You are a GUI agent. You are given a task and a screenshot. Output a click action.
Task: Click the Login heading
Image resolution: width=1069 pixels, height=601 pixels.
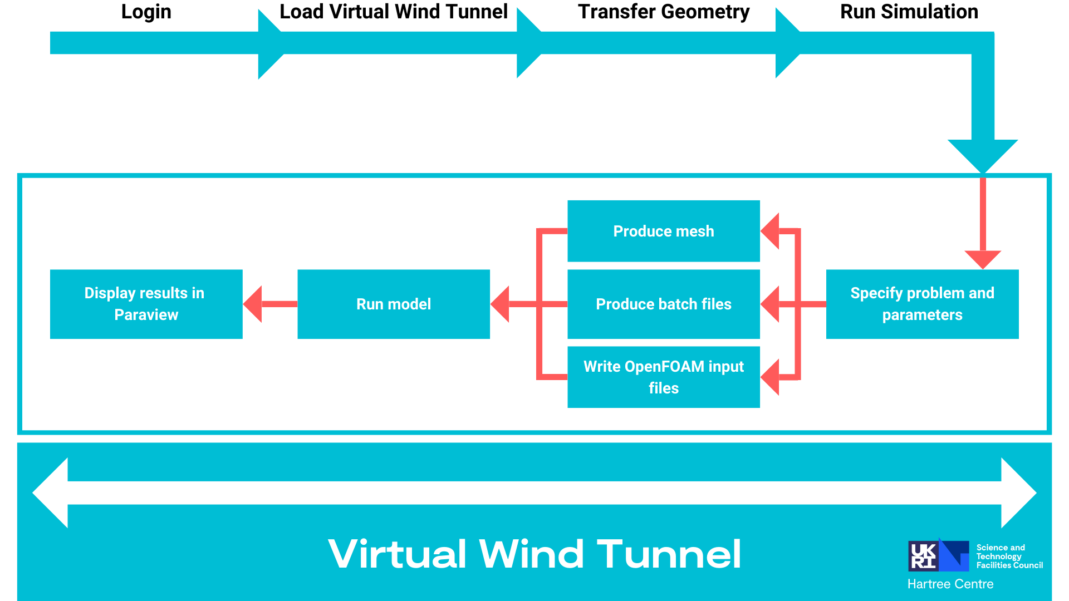click(146, 12)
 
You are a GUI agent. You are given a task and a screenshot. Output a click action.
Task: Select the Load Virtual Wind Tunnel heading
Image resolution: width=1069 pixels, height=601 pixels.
click(393, 12)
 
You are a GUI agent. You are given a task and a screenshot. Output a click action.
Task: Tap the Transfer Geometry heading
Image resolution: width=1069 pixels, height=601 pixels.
click(664, 12)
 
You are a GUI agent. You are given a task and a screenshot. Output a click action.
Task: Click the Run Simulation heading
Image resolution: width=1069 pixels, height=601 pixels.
click(909, 12)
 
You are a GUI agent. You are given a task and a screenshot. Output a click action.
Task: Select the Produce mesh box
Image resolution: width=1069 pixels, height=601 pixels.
click(663, 231)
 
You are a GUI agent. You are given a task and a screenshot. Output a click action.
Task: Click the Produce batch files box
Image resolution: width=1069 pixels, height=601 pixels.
click(663, 304)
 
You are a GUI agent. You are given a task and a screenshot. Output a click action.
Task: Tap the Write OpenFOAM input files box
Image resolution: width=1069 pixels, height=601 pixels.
click(663, 377)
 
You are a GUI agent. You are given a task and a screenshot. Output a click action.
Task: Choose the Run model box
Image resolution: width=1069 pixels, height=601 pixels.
click(393, 304)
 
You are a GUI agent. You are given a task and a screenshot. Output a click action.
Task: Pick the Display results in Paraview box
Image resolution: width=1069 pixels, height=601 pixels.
click(146, 304)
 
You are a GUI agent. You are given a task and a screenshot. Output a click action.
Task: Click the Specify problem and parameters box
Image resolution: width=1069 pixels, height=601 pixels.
click(922, 304)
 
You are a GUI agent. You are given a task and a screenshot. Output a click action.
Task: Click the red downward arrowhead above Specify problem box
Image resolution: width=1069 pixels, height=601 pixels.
click(983, 258)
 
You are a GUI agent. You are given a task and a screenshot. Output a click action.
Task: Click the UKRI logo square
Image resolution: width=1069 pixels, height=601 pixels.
click(923, 556)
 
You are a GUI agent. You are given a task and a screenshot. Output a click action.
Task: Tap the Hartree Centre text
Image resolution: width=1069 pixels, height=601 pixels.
click(950, 584)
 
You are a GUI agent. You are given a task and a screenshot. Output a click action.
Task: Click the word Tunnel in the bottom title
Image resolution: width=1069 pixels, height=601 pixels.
click(669, 554)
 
